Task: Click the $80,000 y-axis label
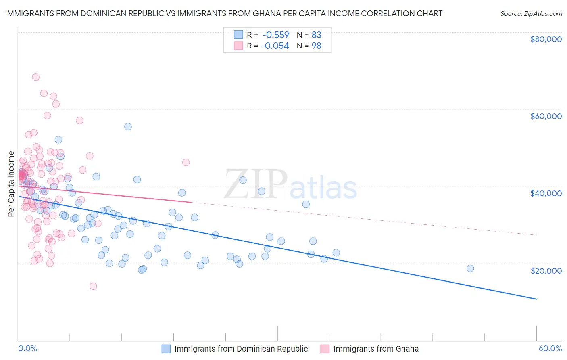(x=546, y=39)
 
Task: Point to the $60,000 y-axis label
(x=546, y=116)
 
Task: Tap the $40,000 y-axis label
(x=546, y=193)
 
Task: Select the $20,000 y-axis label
(x=546, y=270)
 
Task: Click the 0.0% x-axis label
(x=27, y=348)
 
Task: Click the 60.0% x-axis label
(x=550, y=348)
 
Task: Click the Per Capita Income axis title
(x=11, y=184)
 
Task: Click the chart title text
(x=224, y=13)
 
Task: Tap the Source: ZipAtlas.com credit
(x=531, y=13)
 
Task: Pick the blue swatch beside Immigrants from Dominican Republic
(x=166, y=349)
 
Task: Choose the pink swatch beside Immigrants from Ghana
(x=325, y=349)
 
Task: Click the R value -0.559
(x=275, y=35)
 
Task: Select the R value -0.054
(x=275, y=46)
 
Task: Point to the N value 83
(x=316, y=35)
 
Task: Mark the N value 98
(x=316, y=46)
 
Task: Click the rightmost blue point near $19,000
(x=470, y=268)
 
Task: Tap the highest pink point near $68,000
(x=35, y=77)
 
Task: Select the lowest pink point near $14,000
(x=93, y=286)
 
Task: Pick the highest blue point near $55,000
(x=128, y=127)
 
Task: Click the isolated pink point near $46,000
(x=186, y=162)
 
